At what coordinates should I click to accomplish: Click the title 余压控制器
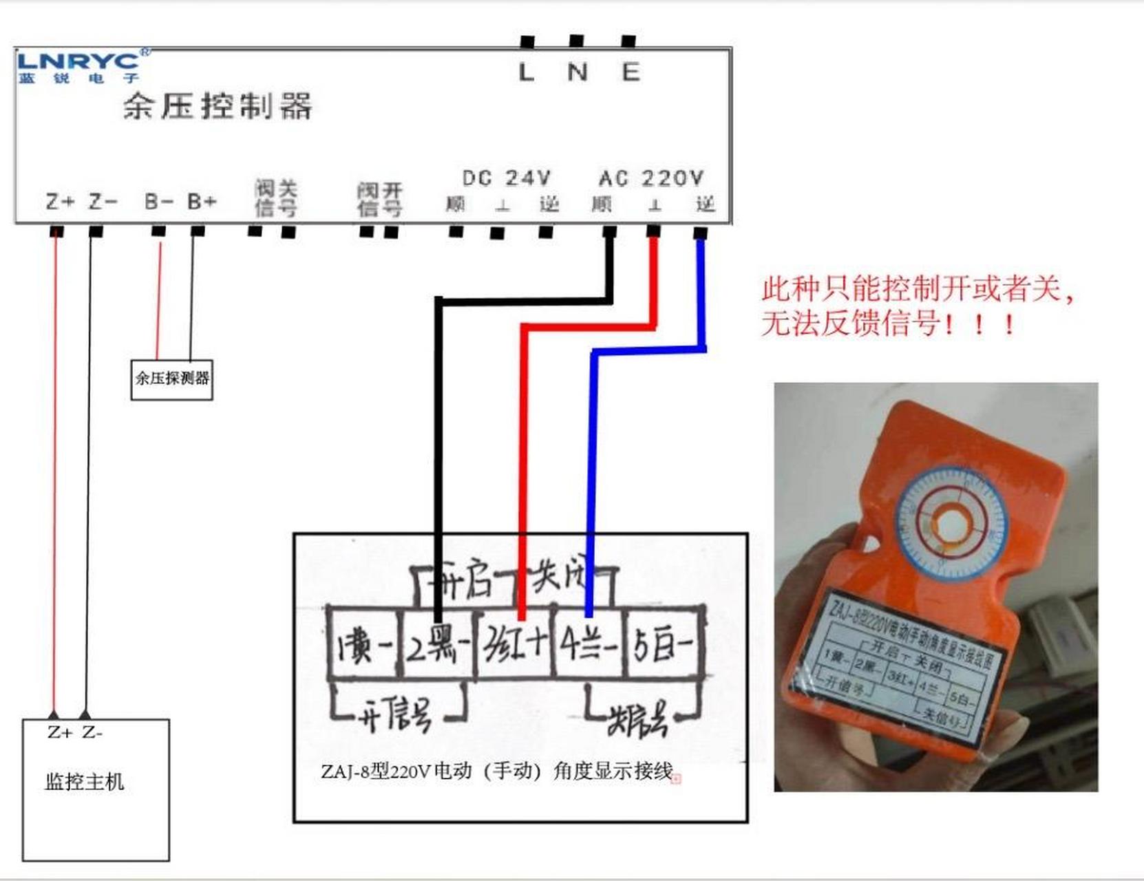click(x=218, y=107)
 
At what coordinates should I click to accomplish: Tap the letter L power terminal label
click(x=526, y=72)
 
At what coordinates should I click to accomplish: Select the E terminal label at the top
click(x=631, y=72)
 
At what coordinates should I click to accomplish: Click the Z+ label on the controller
click(x=60, y=202)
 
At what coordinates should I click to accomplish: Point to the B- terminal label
click(x=158, y=202)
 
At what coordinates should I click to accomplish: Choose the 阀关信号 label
click(x=275, y=198)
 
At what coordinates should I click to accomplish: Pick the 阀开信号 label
click(x=379, y=200)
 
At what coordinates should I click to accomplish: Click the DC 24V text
click(x=507, y=178)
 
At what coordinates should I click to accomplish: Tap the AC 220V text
click(x=651, y=178)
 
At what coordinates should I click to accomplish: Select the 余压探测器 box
click(x=172, y=379)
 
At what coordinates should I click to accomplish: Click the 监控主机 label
click(x=85, y=782)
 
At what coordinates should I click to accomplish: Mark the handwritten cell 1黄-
click(x=363, y=646)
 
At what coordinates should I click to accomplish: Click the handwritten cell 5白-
click(x=663, y=646)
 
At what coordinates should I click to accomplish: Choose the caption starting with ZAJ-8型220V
click(x=496, y=772)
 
